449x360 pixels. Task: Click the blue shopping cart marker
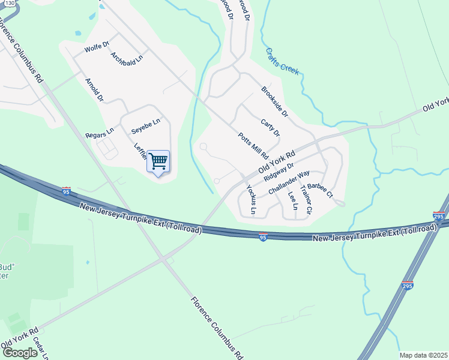click(x=158, y=161)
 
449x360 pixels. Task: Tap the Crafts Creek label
click(x=282, y=62)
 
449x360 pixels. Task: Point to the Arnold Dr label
click(x=95, y=89)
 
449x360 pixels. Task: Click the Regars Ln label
click(x=99, y=132)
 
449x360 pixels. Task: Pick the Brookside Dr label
click(x=275, y=101)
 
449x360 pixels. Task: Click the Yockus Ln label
click(x=252, y=199)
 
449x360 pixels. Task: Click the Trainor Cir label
click(x=307, y=199)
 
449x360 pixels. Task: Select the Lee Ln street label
click(x=292, y=200)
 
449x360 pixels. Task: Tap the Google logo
click(x=20, y=353)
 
